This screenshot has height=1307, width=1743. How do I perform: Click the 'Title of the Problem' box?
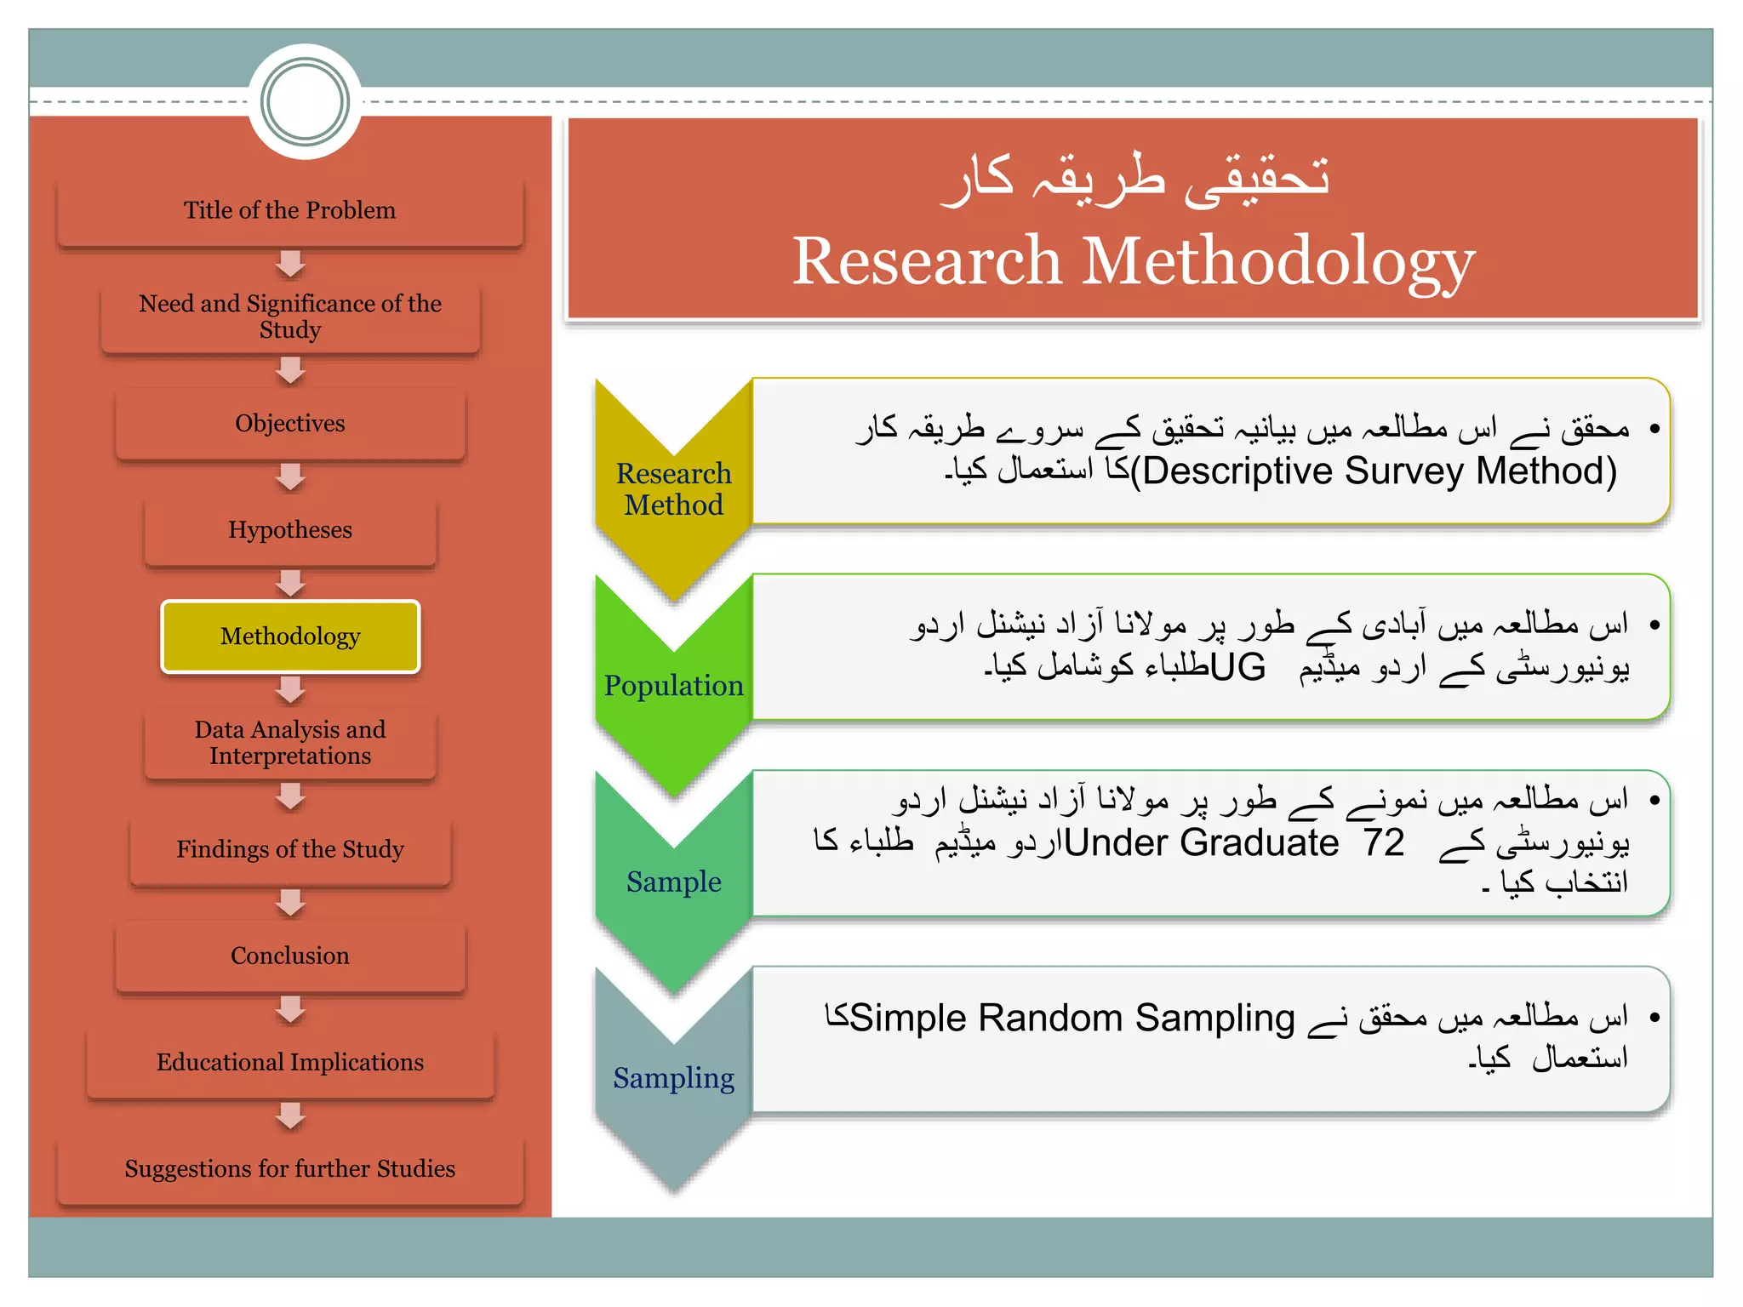pyautogui.click(x=289, y=211)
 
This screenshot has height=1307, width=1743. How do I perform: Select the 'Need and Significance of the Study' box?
pyautogui.click(x=289, y=317)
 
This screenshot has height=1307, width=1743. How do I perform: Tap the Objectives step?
pyautogui.click(x=289, y=424)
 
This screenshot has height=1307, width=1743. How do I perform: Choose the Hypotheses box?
pyautogui.click(x=289, y=530)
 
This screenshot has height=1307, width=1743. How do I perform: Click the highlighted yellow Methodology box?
pyautogui.click(x=289, y=636)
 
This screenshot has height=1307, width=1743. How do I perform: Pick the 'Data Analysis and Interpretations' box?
pyautogui.click(x=289, y=743)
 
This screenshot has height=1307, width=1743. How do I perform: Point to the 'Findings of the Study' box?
pyautogui.click(x=289, y=849)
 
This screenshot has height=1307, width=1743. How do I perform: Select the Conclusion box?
pyautogui.click(x=289, y=956)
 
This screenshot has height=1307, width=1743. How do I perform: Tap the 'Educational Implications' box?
pyautogui.click(x=289, y=1062)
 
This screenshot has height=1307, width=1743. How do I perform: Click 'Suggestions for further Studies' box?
pyautogui.click(x=289, y=1169)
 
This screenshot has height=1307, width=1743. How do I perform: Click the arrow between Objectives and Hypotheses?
pyautogui.click(x=290, y=477)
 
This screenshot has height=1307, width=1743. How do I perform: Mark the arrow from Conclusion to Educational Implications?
pyautogui.click(x=290, y=1009)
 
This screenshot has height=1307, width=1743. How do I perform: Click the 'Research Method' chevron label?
pyautogui.click(x=673, y=489)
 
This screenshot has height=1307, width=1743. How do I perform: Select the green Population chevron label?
pyautogui.click(x=673, y=686)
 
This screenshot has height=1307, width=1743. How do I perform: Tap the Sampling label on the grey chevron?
pyautogui.click(x=673, y=1078)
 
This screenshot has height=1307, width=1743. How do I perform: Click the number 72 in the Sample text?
pyautogui.click(x=1383, y=842)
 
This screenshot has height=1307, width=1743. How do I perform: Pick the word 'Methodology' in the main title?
pyautogui.click(x=1277, y=261)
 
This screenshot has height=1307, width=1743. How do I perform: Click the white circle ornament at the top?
pyautogui.click(x=305, y=102)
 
